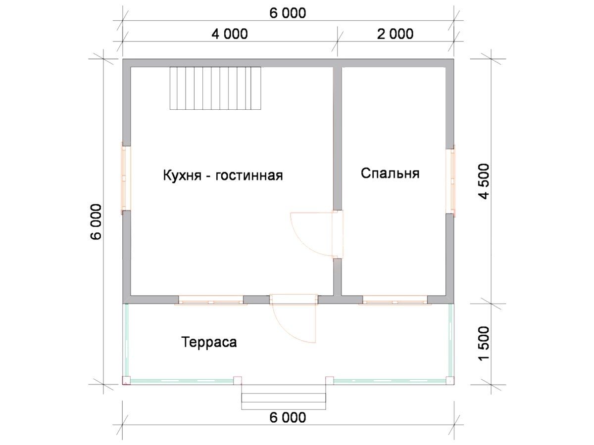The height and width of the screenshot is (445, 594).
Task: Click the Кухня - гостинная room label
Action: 223,175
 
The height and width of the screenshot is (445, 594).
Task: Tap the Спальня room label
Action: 390,173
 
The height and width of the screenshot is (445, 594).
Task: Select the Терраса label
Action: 209,342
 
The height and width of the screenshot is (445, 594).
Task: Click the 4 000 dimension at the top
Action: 230,34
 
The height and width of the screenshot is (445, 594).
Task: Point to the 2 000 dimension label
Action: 395,34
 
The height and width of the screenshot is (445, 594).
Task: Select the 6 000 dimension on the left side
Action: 96,222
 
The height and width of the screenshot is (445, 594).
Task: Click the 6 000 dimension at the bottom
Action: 288,417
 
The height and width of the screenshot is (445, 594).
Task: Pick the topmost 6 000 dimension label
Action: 288,13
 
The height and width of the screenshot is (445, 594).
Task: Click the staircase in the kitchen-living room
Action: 215,89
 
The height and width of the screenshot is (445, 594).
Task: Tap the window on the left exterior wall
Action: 126,178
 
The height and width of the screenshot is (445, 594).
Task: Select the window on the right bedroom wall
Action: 450,181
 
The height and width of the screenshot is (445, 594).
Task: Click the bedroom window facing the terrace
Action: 395,300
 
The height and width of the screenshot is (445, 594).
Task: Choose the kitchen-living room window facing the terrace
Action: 211,300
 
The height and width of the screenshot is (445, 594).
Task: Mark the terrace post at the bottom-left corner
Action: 126,380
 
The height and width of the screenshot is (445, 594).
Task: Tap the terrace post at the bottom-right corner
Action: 450,380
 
